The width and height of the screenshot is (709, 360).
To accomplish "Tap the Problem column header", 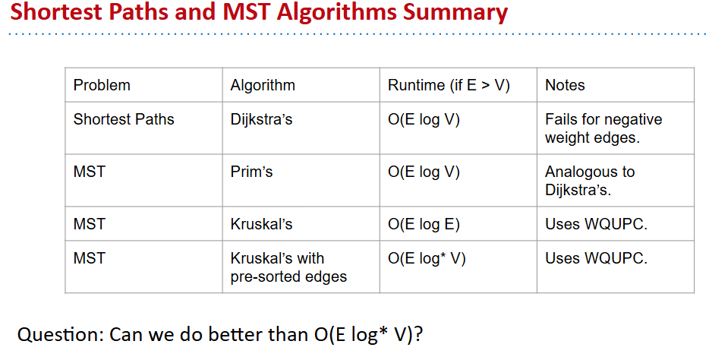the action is [102, 85].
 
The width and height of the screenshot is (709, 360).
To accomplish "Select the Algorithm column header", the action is [263, 85].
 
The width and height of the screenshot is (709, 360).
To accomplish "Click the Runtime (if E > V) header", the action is [449, 85].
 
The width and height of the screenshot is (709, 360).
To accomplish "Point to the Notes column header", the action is [565, 85].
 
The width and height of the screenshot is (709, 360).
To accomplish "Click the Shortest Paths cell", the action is [124, 119].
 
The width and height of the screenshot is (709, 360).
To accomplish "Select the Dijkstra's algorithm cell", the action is [261, 119].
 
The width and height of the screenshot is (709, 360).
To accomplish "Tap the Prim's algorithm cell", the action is [251, 172].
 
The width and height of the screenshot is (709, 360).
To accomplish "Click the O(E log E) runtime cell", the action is [424, 224].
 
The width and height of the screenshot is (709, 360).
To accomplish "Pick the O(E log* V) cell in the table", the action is [427, 259].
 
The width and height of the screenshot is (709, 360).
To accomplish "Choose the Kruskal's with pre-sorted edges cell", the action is [288, 267].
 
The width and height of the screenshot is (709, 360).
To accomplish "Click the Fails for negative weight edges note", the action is [603, 128].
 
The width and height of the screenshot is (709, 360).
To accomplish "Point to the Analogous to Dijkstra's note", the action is [590, 181].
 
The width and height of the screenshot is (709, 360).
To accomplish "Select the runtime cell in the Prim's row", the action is [424, 172].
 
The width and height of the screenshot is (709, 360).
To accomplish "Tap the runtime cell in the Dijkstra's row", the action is [424, 119].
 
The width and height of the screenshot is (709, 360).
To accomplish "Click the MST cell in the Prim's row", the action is [90, 172].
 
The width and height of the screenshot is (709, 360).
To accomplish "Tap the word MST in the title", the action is [247, 11].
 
